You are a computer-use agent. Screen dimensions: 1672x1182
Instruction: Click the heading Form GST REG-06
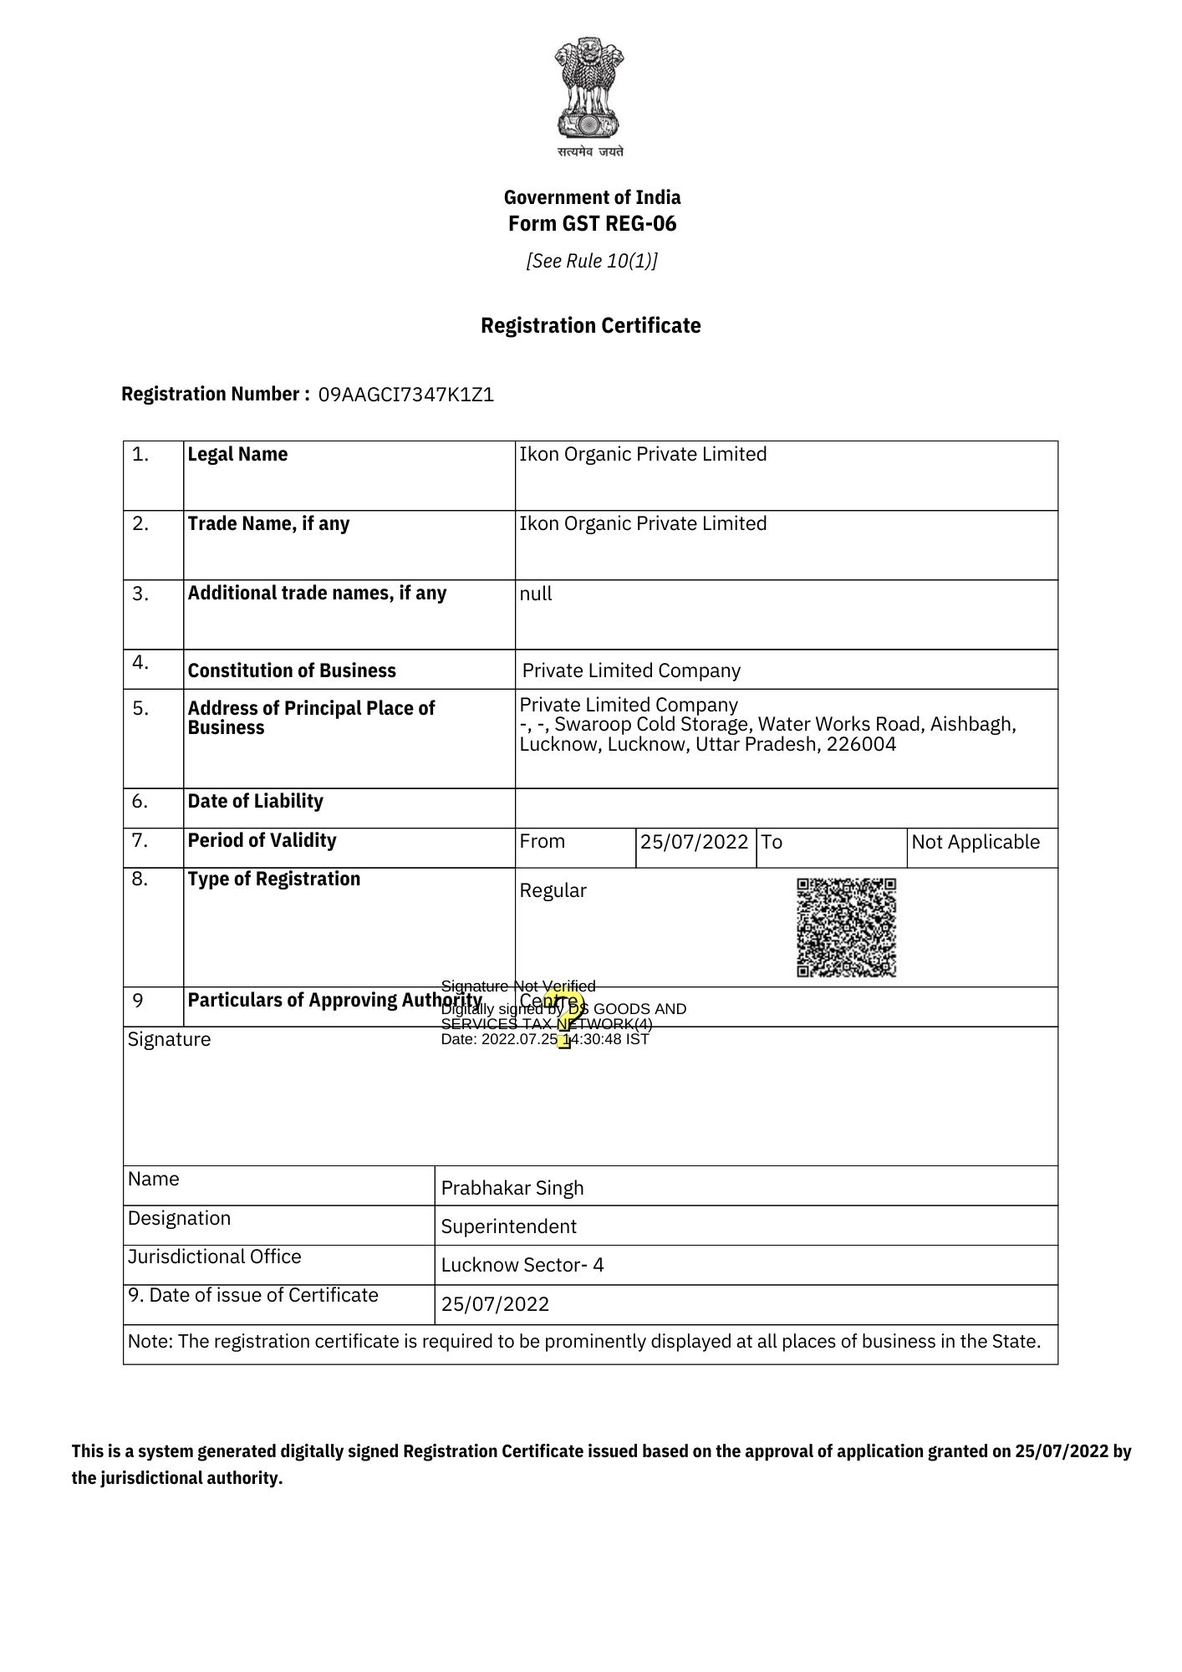pos(592,224)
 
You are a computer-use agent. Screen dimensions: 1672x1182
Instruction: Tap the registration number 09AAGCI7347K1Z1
pos(406,395)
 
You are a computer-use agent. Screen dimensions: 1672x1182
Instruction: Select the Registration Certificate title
pos(590,326)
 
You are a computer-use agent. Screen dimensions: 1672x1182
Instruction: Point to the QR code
pos(846,927)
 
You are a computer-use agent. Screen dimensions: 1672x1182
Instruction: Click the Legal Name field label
pos(237,455)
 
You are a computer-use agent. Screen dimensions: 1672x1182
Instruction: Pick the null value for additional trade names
pos(536,594)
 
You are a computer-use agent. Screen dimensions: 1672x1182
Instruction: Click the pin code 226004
pos(861,745)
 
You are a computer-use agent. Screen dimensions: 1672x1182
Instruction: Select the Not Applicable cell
pos(975,843)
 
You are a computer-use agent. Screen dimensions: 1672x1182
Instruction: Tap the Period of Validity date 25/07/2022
pos(694,842)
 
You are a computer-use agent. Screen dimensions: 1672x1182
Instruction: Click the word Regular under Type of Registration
pos(553,891)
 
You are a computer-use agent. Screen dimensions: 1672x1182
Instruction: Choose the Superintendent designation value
pos(508,1226)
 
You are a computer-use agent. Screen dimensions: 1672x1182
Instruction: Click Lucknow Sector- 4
pos(522,1265)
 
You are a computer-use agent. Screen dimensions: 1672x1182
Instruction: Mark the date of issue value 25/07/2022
pos(495,1304)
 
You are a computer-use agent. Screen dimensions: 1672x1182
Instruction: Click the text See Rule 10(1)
pos(591,262)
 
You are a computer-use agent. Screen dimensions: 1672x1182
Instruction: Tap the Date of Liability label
pos(255,802)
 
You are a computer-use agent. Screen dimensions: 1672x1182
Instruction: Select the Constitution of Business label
pos(292,671)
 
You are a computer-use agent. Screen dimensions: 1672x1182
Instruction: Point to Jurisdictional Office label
pos(214,1257)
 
